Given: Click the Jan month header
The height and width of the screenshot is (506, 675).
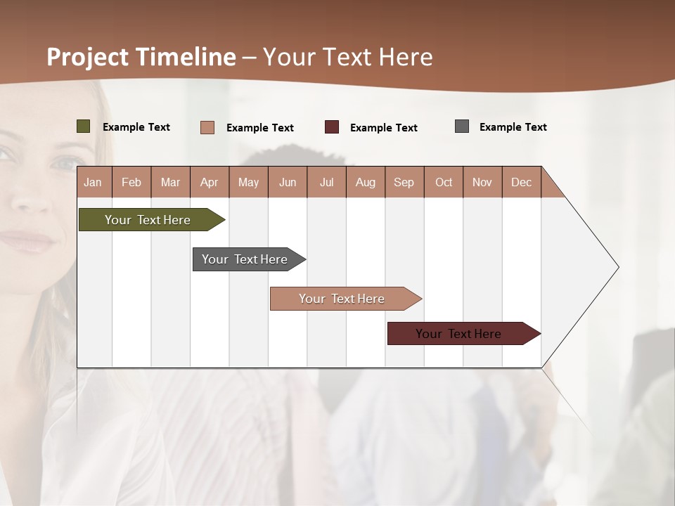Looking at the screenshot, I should (93, 182).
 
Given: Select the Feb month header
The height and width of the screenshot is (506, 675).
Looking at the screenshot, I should (131, 182).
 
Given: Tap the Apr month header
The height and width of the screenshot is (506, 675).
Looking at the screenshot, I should (209, 182).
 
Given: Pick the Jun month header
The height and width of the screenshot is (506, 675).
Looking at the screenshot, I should (288, 182).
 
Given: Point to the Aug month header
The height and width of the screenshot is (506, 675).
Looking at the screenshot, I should (365, 182).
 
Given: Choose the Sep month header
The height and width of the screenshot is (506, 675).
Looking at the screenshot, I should (404, 182).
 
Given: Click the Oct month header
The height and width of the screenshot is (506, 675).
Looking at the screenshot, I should (444, 182).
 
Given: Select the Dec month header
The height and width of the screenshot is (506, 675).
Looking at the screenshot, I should (521, 182).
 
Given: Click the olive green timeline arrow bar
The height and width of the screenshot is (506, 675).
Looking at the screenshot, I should (148, 220).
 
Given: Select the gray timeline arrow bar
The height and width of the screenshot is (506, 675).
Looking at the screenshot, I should (245, 259).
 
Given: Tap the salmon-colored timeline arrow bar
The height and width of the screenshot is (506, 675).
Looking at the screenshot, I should (342, 299).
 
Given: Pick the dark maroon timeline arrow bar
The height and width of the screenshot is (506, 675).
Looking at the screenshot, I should (458, 334).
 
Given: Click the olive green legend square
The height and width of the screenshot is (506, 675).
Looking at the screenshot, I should (83, 126).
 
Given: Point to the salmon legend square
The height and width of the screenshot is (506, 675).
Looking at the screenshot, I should (207, 127).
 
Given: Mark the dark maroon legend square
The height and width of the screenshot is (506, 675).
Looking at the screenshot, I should (332, 127).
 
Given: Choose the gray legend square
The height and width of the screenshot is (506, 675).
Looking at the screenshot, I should (462, 126).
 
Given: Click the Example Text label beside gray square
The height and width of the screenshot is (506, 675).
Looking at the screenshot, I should (513, 127).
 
